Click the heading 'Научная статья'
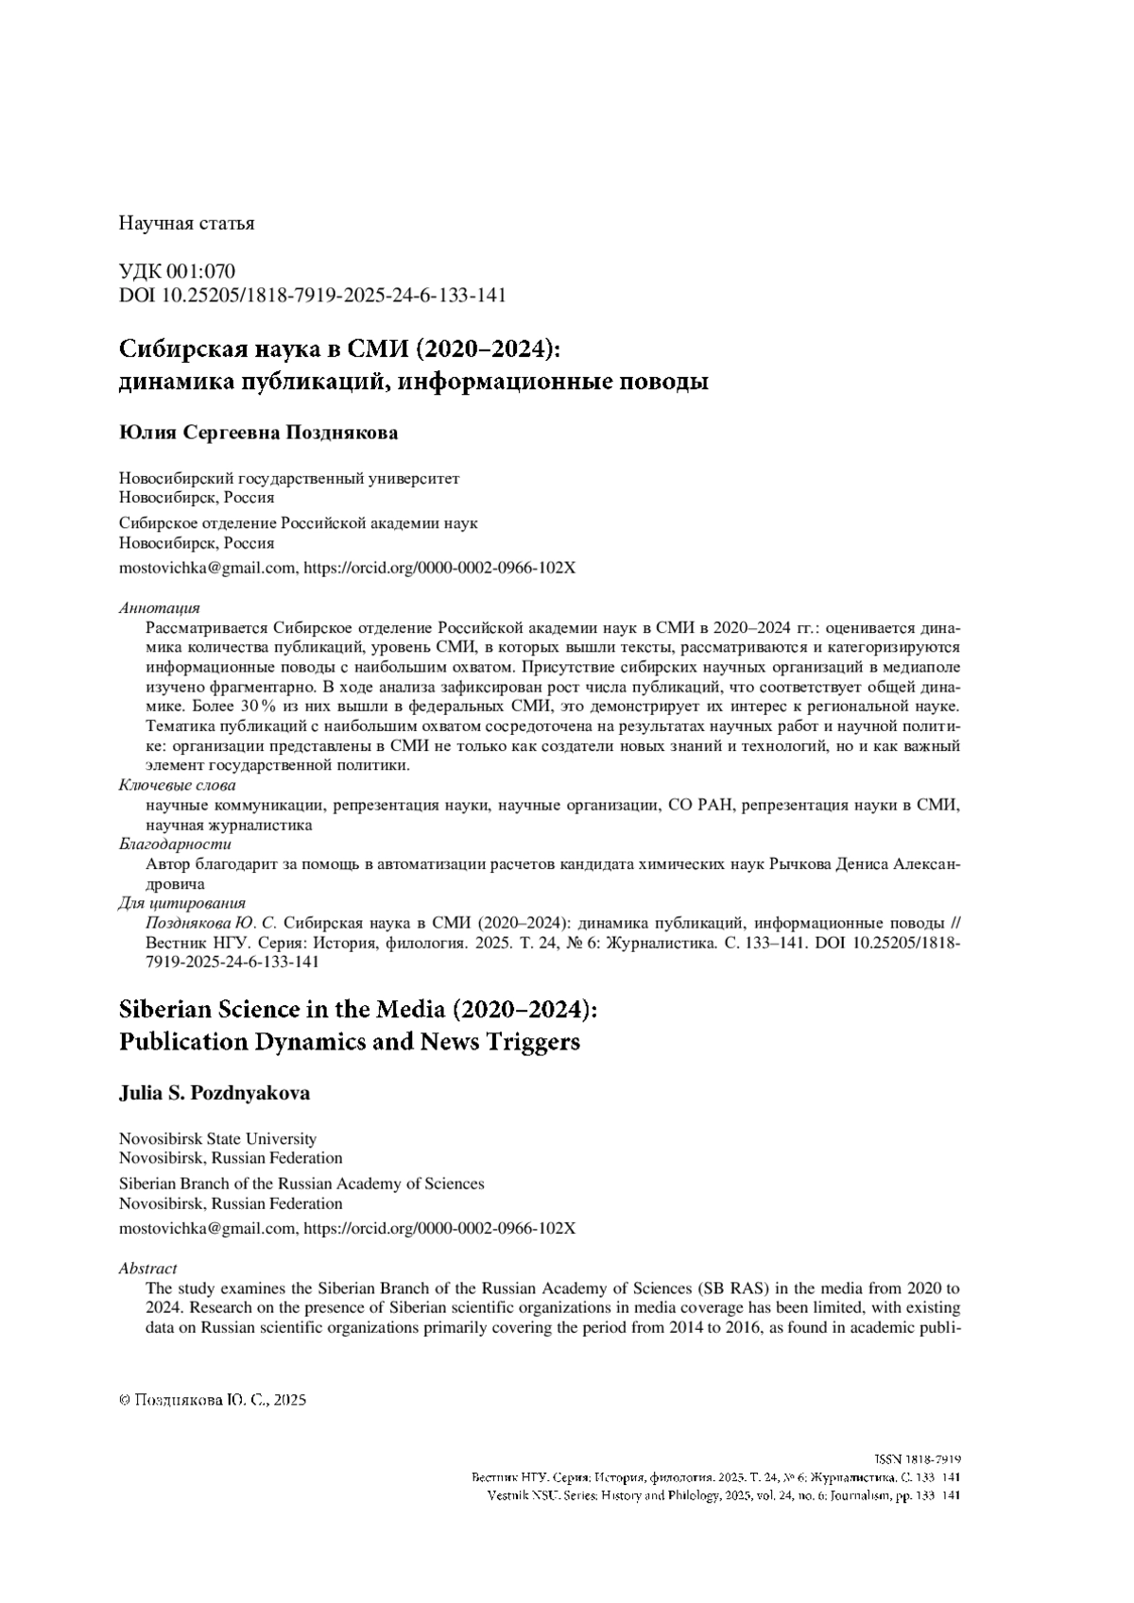(x=186, y=224)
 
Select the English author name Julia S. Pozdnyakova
(x=214, y=1094)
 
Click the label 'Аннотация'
(x=159, y=608)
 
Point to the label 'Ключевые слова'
(x=177, y=786)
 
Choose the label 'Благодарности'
(x=175, y=844)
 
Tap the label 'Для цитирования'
(x=181, y=903)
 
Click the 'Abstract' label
(x=147, y=1269)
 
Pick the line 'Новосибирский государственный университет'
(x=289, y=479)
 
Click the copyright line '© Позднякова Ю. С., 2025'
(x=212, y=1401)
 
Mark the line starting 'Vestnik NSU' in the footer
(x=723, y=1496)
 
